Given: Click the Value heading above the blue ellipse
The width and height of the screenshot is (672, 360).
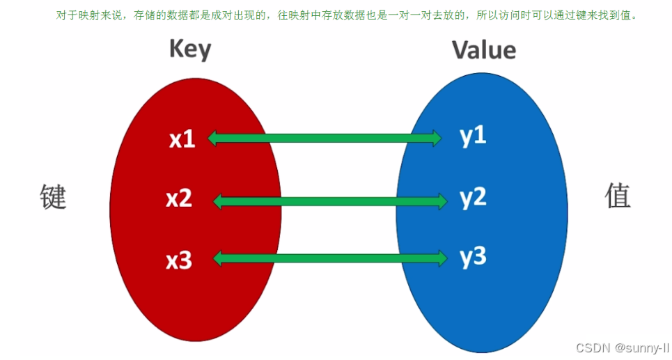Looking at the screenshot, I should [x=484, y=49].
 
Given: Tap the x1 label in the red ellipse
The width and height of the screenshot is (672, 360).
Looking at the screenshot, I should [x=182, y=139].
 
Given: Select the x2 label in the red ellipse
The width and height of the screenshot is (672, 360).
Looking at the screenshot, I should [x=179, y=199].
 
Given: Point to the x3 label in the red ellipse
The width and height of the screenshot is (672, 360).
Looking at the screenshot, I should [x=179, y=260].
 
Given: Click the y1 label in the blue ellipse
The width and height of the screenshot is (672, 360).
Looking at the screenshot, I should [x=473, y=136].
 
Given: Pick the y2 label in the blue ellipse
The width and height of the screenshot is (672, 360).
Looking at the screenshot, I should [x=473, y=198].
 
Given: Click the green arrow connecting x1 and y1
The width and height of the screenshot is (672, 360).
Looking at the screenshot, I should [x=325, y=139].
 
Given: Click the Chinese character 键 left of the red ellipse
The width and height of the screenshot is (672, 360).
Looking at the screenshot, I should [x=52, y=197].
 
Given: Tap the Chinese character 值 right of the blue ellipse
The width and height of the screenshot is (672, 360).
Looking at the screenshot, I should [x=617, y=196].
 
